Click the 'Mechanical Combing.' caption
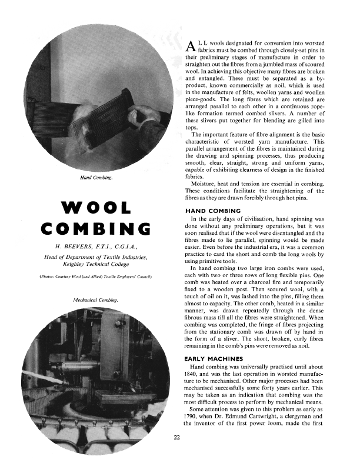96,300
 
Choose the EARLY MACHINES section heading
213,358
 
